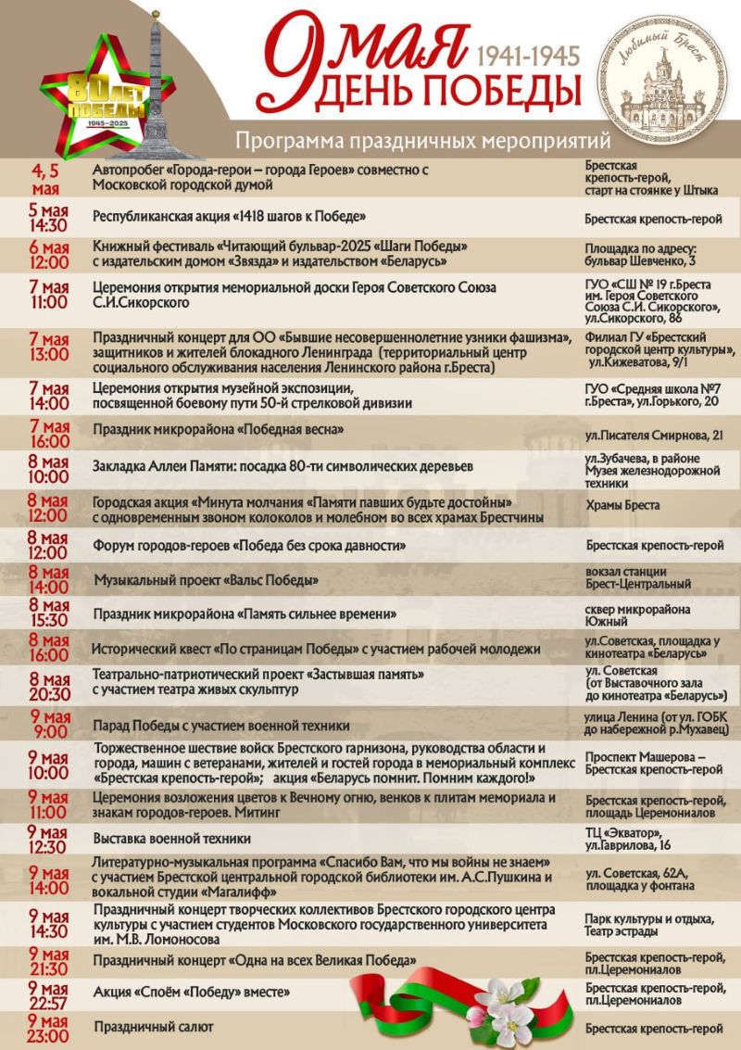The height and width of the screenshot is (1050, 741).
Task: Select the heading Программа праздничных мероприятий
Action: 423,141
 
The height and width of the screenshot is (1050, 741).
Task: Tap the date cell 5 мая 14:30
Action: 48,219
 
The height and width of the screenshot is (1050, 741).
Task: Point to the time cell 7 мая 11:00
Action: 48,295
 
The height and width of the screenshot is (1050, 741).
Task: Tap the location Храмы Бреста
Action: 622,505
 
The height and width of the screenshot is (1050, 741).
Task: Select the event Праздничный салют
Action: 154,1027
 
